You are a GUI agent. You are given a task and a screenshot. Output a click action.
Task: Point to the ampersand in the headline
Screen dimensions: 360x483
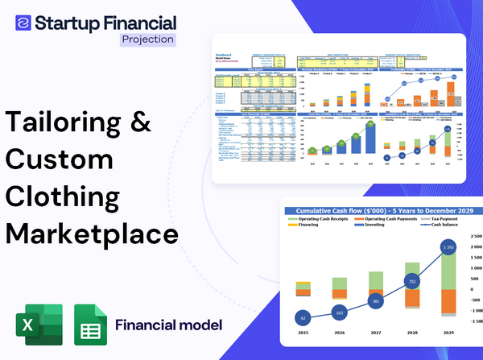[142, 123]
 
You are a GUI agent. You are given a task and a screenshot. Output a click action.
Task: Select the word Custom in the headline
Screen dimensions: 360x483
[60, 159]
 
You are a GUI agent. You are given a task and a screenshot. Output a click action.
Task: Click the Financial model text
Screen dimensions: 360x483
[168, 325]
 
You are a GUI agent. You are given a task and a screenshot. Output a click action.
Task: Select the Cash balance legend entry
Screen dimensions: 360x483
[446, 228]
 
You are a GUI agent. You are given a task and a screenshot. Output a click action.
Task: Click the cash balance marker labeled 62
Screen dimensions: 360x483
[303, 318]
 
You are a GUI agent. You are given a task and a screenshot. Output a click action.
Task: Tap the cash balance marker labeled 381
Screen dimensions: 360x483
[375, 301]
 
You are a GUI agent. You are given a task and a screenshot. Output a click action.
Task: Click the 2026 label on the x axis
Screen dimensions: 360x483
[339, 332]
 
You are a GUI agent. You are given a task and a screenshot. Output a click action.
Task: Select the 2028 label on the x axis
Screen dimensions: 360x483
[411, 332]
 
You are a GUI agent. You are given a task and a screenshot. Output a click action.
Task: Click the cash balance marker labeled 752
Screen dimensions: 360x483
[411, 282]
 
